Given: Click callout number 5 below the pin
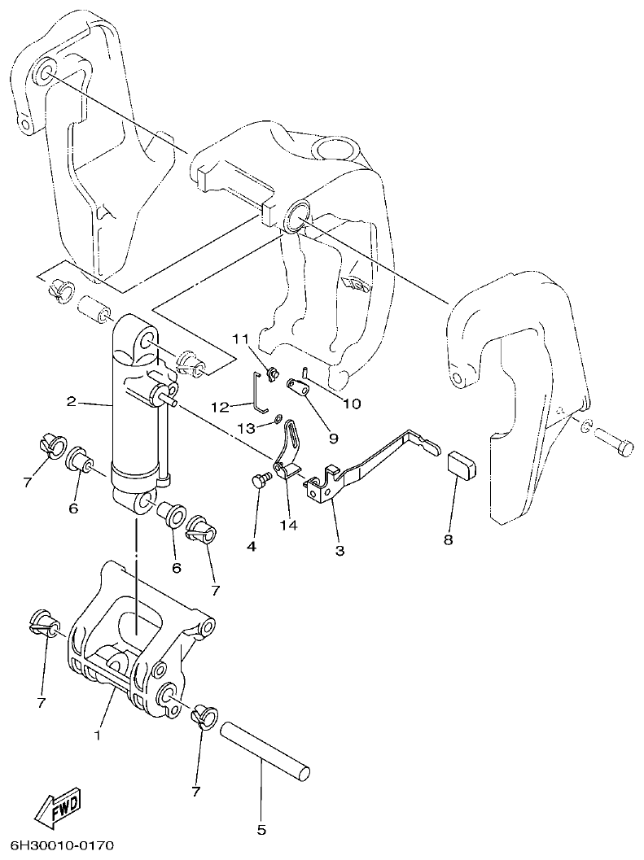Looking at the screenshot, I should click(x=261, y=831).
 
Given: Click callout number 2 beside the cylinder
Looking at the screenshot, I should click(x=72, y=401).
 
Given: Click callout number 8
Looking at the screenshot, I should click(x=449, y=539).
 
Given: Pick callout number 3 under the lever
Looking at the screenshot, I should click(x=340, y=550).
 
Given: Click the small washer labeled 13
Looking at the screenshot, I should click(x=278, y=419).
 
